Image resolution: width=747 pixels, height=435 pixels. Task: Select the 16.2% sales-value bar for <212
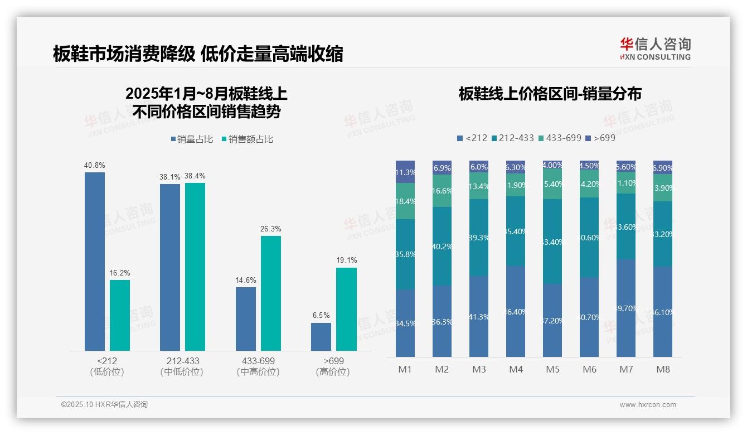pos(120,315)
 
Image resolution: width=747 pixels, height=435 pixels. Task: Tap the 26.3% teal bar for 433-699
pos(271,293)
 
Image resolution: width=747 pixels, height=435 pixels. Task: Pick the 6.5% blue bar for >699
pos(321,337)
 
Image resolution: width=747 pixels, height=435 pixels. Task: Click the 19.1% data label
pos(347,260)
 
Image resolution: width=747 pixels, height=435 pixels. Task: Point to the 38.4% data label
pos(195,176)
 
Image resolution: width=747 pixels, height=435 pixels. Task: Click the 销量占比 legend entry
pos(192,139)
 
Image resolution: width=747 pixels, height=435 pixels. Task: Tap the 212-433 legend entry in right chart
pos(512,138)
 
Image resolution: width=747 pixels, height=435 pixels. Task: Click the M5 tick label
pos(552,369)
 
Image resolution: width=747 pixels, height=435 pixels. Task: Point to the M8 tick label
pos(663,369)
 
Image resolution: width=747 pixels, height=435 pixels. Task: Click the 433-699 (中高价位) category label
pos(258,366)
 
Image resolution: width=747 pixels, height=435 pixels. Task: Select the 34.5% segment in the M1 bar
pos(405,323)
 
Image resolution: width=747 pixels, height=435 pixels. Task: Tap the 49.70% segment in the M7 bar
pos(626,308)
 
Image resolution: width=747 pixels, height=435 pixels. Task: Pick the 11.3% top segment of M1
pos(405,172)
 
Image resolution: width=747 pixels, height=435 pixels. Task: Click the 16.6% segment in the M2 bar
pos(442,191)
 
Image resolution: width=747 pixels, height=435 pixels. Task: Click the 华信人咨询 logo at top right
pos(655,49)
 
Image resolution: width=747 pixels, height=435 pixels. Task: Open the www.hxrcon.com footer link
pos(648,405)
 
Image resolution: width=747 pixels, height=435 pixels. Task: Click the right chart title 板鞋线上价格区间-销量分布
pos(550,94)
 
